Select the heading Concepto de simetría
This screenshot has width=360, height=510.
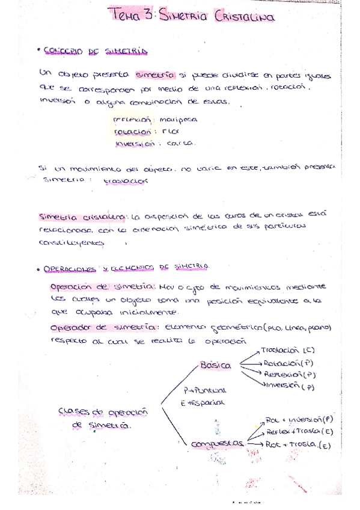96,51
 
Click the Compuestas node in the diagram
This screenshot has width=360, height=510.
216,443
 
